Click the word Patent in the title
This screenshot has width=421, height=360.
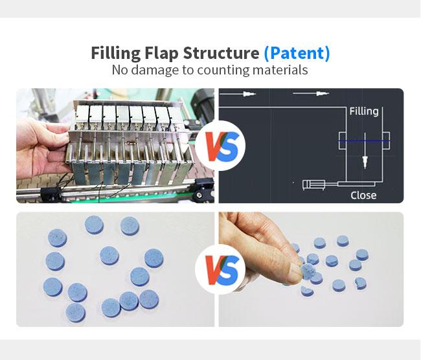click(297, 53)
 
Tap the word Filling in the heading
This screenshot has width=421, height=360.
click(116, 53)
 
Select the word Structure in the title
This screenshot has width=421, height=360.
click(221, 53)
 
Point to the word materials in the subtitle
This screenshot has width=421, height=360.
click(280, 70)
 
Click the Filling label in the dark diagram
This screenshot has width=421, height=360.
click(364, 111)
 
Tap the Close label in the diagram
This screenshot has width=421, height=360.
click(363, 195)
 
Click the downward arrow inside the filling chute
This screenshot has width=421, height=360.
click(365, 150)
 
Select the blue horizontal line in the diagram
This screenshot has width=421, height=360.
click(365, 141)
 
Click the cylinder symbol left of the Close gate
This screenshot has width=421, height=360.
click(313, 185)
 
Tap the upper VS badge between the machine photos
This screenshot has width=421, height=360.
click(220, 146)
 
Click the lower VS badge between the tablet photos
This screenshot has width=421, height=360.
click(220, 270)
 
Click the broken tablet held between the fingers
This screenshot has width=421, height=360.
click(308, 271)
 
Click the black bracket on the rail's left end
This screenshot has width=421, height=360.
click(51, 194)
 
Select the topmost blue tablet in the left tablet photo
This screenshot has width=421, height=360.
click(94, 225)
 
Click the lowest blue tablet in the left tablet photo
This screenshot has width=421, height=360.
click(75, 313)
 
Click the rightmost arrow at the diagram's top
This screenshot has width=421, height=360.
click(311, 94)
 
